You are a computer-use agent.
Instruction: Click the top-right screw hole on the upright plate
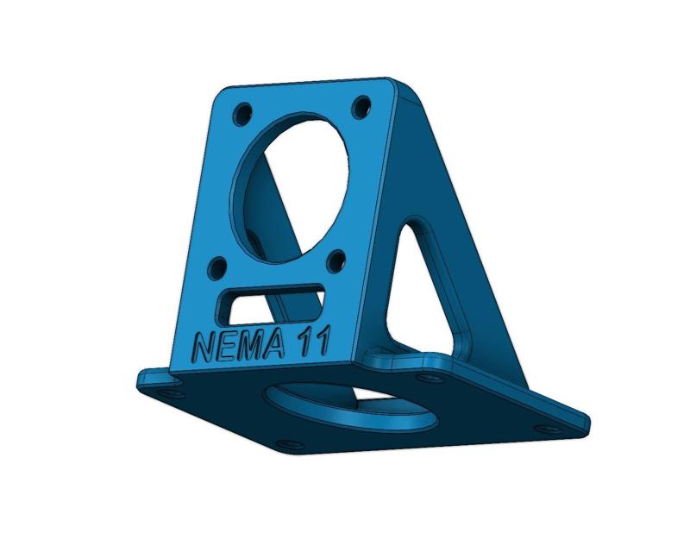tap(361, 108)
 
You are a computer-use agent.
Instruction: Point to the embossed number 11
tap(313, 342)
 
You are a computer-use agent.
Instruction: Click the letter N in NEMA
tap(204, 348)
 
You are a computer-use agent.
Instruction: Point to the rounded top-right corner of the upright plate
tap(399, 86)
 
